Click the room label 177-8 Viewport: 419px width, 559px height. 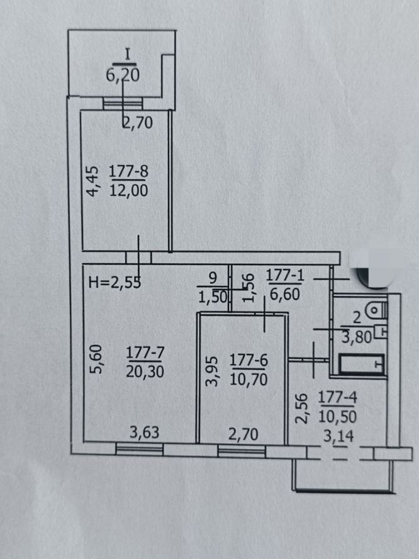[128, 171]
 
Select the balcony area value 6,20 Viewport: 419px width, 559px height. [123, 75]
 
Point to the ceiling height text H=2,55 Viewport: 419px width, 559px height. [114, 282]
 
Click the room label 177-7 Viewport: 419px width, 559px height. [145, 353]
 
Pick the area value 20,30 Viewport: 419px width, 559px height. [145, 371]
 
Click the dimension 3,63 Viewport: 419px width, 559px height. [144, 432]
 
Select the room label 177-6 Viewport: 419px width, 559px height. [249, 361]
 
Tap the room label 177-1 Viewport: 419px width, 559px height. [286, 274]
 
